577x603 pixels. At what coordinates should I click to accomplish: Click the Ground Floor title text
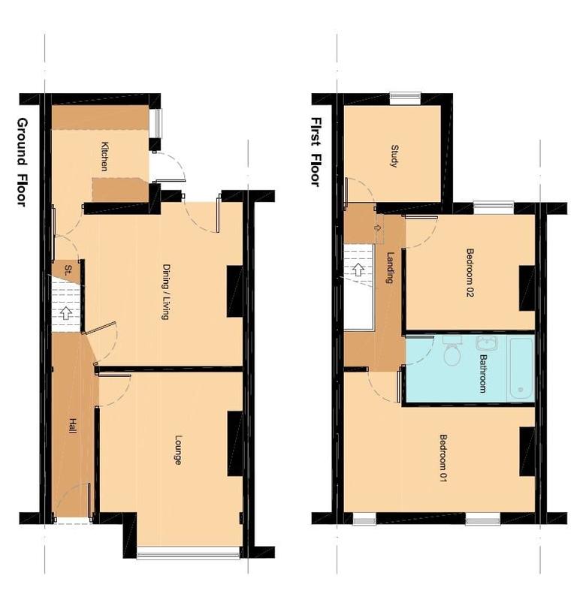(22, 161)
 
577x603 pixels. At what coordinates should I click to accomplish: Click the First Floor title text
(316, 152)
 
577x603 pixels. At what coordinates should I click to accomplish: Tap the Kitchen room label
(106, 156)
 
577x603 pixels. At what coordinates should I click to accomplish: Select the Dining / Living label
(165, 291)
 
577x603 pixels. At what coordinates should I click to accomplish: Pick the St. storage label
(68, 269)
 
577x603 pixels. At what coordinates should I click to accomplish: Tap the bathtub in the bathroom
(520, 368)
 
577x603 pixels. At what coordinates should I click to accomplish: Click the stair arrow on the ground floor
(66, 312)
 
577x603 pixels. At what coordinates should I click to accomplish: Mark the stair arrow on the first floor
(358, 269)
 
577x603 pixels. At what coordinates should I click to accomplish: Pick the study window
(405, 96)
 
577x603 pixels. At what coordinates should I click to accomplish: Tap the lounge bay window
(188, 555)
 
